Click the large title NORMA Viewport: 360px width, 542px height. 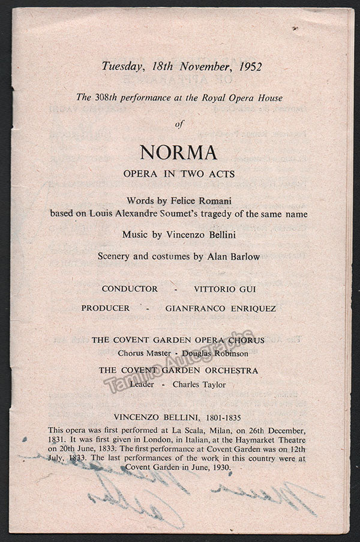[179, 153]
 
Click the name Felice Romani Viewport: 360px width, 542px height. [209, 199]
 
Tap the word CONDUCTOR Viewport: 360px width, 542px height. [130, 289]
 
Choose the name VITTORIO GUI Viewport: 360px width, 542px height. [224, 289]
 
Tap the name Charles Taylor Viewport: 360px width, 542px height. [203, 384]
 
